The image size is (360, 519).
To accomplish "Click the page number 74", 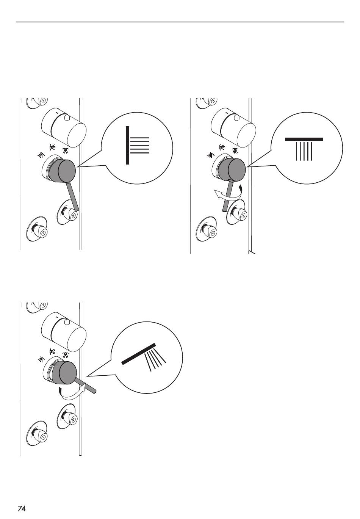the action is click(x=22, y=502).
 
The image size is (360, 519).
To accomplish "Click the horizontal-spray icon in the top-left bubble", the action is click(x=137, y=145).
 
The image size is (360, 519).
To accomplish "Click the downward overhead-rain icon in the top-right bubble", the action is click(x=304, y=149).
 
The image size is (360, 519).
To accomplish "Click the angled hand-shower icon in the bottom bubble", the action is click(x=144, y=357).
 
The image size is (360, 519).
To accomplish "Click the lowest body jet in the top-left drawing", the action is click(x=37, y=229).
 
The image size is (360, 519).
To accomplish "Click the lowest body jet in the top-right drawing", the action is click(x=207, y=229).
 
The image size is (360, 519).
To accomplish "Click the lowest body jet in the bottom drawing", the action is click(x=37, y=433).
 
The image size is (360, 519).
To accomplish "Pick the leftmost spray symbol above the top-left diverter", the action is click(x=41, y=155).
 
